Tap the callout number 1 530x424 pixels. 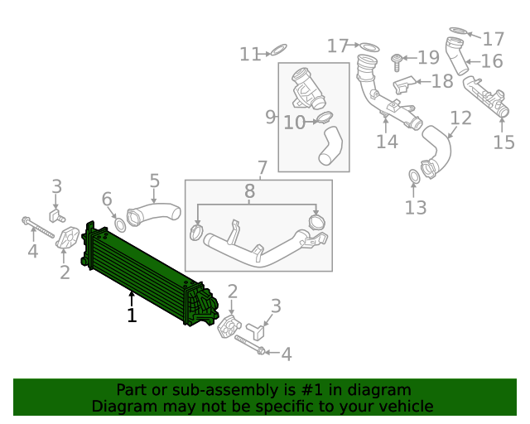[x=131, y=316]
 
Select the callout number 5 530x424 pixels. [x=154, y=181]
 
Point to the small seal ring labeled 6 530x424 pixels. [x=120, y=224]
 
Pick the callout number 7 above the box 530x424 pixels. [x=262, y=168]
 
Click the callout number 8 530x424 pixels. [x=249, y=193]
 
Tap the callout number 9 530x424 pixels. [x=270, y=117]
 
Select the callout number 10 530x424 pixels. [x=294, y=123]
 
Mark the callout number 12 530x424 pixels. [x=460, y=118]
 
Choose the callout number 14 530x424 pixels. [x=387, y=142]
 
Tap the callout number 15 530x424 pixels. [x=503, y=142]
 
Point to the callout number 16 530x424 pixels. [x=492, y=61]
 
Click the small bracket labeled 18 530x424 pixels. [x=403, y=84]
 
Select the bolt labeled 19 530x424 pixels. [x=397, y=59]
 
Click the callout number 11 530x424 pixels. [x=250, y=55]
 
